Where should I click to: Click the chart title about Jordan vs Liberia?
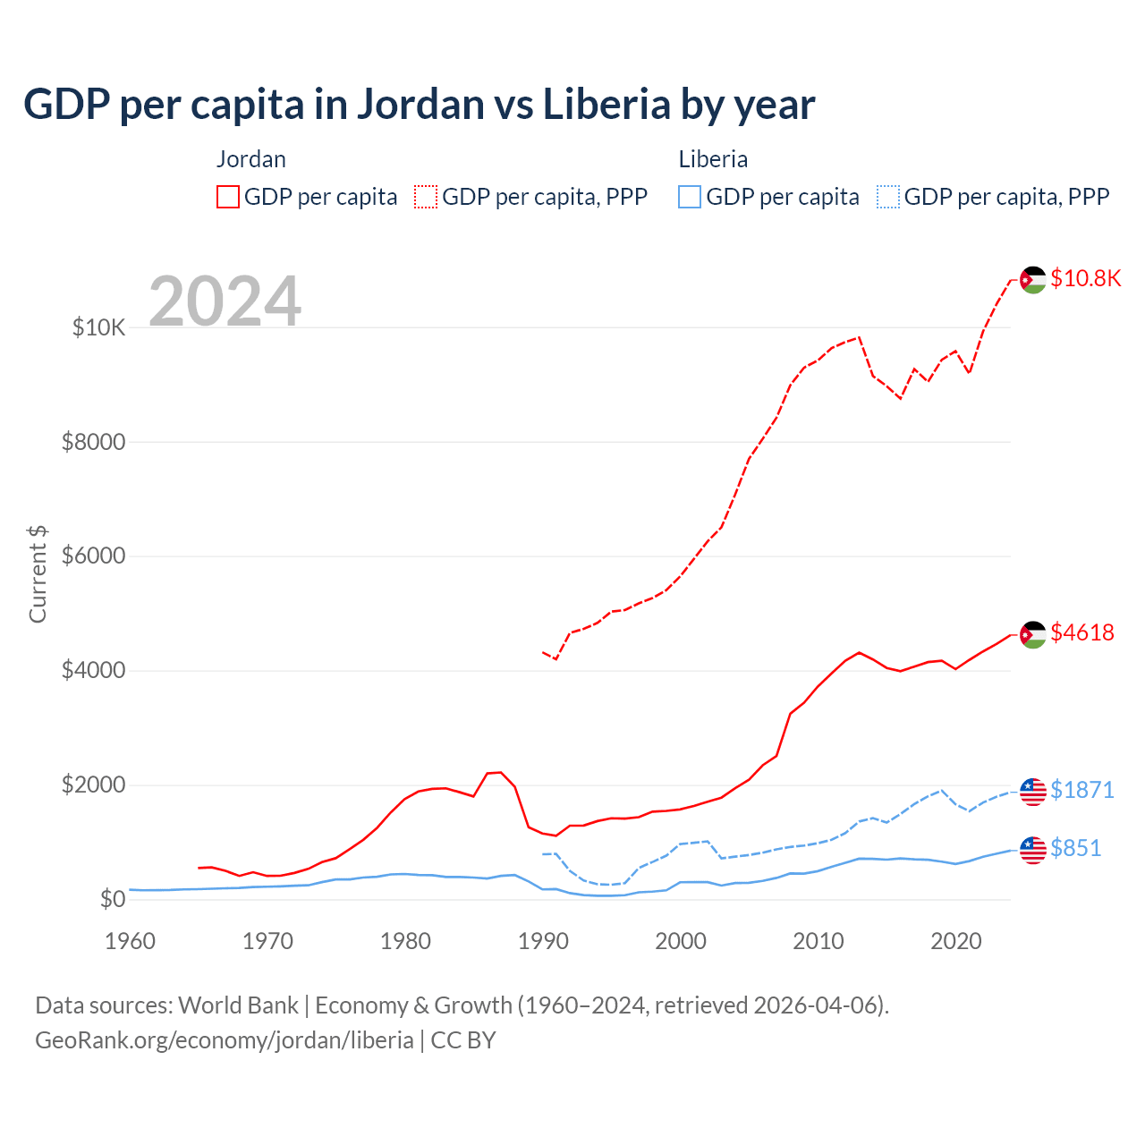coord(419,105)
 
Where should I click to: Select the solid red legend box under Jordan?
coord(228,197)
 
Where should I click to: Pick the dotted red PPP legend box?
coord(426,197)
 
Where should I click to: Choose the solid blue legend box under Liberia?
coord(690,197)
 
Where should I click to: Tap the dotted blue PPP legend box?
coord(888,197)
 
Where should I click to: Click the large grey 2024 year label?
coord(225,302)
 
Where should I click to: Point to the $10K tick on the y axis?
coord(98,327)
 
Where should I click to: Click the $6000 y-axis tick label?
coord(93,556)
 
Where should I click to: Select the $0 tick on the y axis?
coord(112,899)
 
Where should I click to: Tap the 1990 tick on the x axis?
coord(543,941)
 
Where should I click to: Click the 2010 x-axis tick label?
coord(818,941)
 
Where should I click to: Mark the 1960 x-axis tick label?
coord(131,941)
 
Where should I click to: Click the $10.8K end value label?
coord(1085,278)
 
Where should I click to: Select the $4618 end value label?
coord(1082,632)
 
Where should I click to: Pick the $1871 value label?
coord(1082,790)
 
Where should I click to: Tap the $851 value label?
coord(1076,848)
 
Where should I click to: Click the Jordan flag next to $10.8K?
coord(1033,280)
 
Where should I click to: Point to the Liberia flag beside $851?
coord(1033,850)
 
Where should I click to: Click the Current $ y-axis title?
coord(38,574)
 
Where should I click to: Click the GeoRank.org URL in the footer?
coord(224,1040)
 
